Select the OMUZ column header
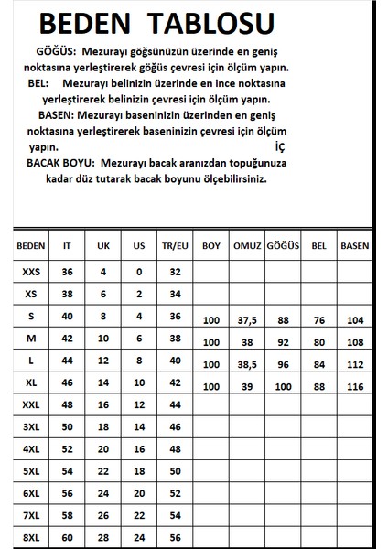click(248, 246)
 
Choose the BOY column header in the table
click(211, 246)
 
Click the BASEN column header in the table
click(354, 246)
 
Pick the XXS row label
click(31, 272)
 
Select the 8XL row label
click(31, 535)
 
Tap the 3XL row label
click(31, 425)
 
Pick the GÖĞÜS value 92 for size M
click(284, 343)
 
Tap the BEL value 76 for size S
click(319, 321)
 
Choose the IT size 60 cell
click(66, 535)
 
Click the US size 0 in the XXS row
click(138, 272)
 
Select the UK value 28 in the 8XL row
click(102, 535)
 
